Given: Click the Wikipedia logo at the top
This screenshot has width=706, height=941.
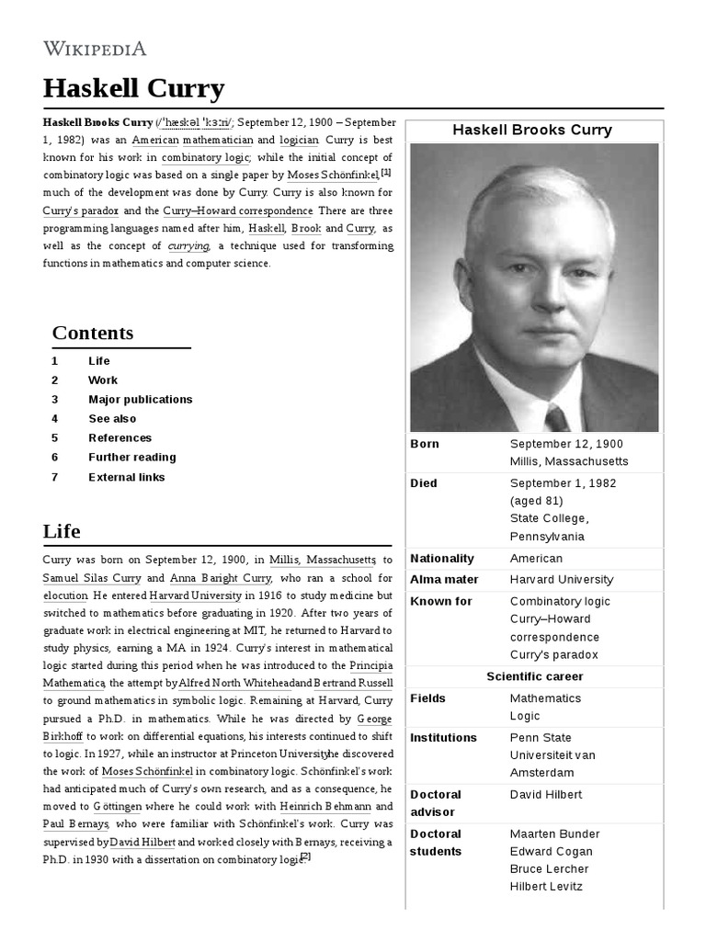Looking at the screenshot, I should [95, 49].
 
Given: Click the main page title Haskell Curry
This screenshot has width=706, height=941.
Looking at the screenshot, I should [133, 89].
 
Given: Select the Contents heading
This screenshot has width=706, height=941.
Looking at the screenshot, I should [93, 333].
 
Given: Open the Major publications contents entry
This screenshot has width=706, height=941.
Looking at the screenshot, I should [140, 400].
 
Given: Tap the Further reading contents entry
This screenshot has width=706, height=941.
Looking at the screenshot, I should [131, 458].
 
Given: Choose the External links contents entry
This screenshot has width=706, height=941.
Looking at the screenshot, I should [126, 477].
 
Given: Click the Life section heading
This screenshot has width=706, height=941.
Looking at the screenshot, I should [62, 531].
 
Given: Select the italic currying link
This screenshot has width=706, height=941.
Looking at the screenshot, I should [188, 245].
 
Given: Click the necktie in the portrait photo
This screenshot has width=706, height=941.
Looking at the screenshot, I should [557, 418].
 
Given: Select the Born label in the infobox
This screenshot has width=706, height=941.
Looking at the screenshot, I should [425, 444].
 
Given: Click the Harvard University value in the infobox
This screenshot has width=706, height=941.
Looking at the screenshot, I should [561, 580].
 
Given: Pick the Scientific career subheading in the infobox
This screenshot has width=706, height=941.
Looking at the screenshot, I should [534, 676].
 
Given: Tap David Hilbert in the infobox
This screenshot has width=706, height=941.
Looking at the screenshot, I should [546, 794].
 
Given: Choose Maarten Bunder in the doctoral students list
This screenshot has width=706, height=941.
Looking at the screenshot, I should [554, 834].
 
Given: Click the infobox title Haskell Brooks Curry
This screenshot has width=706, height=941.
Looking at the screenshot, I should [532, 130].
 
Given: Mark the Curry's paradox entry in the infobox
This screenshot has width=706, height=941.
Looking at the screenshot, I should [553, 655].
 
